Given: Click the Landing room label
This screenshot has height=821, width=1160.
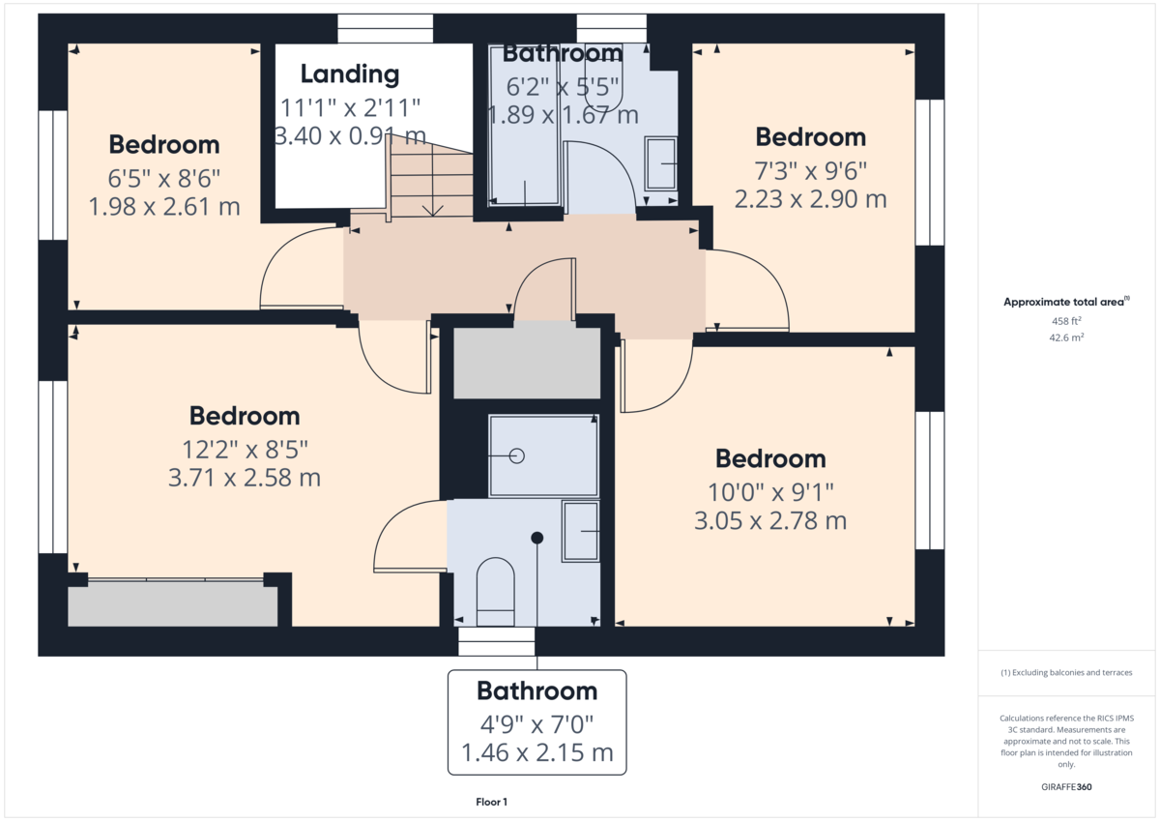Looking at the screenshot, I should click(x=349, y=73).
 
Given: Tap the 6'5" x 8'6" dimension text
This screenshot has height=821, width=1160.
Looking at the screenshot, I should click(x=164, y=178).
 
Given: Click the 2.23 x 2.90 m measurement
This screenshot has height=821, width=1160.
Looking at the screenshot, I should click(x=810, y=200).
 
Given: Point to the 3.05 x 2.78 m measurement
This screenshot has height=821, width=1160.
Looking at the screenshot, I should click(x=769, y=521).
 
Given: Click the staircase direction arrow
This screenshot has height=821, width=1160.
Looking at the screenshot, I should click(x=432, y=207).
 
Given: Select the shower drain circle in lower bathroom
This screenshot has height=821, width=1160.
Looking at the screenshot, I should click(x=516, y=455).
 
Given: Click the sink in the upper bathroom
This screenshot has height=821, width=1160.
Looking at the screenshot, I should click(x=660, y=164).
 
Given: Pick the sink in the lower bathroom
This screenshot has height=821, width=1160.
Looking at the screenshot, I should click(x=580, y=531).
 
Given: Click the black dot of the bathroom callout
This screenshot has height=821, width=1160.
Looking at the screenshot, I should click(x=537, y=537).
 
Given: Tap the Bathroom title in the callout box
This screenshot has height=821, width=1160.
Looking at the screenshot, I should click(x=536, y=691).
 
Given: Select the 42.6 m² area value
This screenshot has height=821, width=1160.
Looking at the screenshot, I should click(x=1064, y=337).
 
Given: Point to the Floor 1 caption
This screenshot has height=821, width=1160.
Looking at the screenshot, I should click(x=491, y=802).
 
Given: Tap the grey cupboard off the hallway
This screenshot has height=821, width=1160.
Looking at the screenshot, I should click(x=527, y=363).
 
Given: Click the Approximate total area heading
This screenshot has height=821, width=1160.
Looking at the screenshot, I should click(x=1064, y=302).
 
